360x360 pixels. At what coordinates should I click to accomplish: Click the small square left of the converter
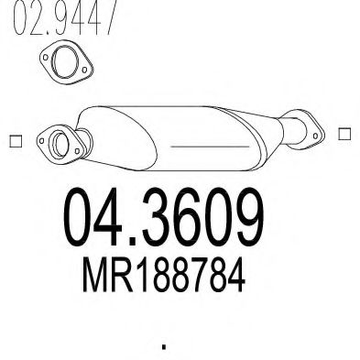point(14,140)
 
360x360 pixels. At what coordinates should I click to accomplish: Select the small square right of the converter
point(344,134)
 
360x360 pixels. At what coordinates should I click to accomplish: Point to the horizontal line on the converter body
point(200,145)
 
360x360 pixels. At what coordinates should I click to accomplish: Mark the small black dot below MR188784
point(165,346)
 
